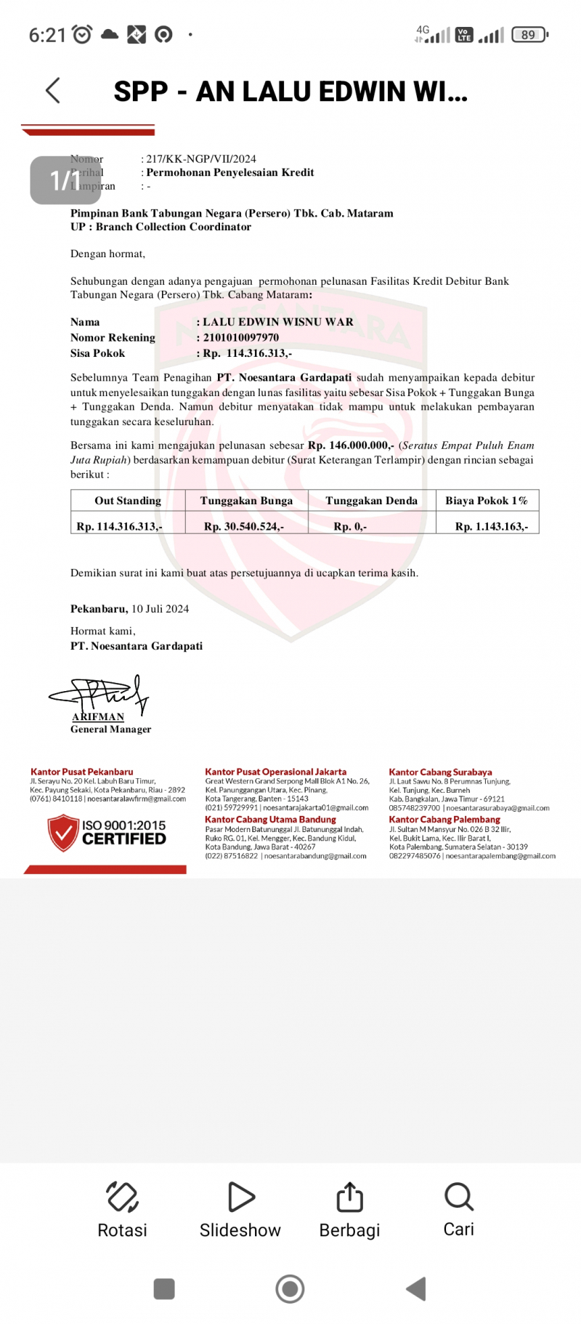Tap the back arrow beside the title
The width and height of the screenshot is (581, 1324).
(53, 91)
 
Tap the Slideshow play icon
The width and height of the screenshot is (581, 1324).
(240, 1197)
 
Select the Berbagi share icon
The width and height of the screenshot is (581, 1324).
(349, 1197)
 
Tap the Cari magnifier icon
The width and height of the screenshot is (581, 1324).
(459, 1196)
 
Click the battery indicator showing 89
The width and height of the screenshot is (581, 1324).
(529, 34)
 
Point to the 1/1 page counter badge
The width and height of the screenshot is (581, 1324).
(65, 180)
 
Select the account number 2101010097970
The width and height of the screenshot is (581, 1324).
(241, 338)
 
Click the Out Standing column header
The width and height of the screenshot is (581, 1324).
(128, 501)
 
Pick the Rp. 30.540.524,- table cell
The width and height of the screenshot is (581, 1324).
(244, 526)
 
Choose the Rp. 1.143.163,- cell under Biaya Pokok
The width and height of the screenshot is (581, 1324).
(492, 526)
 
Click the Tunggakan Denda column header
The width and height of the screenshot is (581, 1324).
(371, 501)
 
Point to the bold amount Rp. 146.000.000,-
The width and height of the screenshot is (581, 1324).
(351, 445)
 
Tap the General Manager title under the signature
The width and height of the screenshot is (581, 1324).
(111, 730)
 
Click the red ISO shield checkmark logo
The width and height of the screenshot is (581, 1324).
(63, 833)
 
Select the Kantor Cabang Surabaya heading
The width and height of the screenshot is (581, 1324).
(440, 772)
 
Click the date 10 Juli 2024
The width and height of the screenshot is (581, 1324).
(160, 609)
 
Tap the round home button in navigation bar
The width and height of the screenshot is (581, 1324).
(290, 1289)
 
